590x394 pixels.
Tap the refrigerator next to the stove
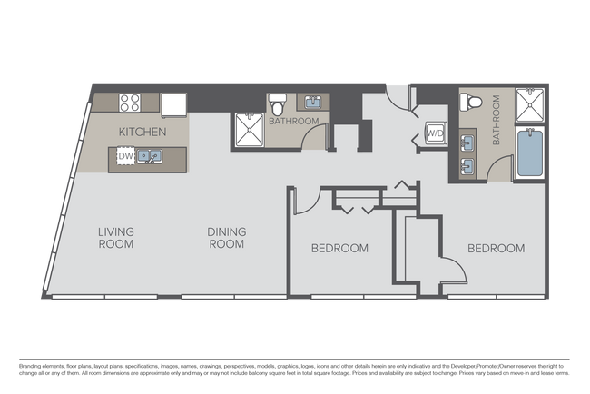click(173, 103)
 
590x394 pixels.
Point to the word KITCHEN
click(142, 132)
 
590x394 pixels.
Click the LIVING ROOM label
click(115, 238)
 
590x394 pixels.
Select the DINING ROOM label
click(227, 238)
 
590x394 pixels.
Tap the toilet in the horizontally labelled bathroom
click(279, 105)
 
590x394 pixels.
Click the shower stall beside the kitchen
click(247, 129)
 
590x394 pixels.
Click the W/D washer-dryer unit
click(434, 134)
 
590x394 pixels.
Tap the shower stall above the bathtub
click(529, 105)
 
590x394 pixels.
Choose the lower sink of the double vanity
click(469, 164)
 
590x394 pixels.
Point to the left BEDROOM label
click(339, 248)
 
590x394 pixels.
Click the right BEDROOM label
click(497, 248)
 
